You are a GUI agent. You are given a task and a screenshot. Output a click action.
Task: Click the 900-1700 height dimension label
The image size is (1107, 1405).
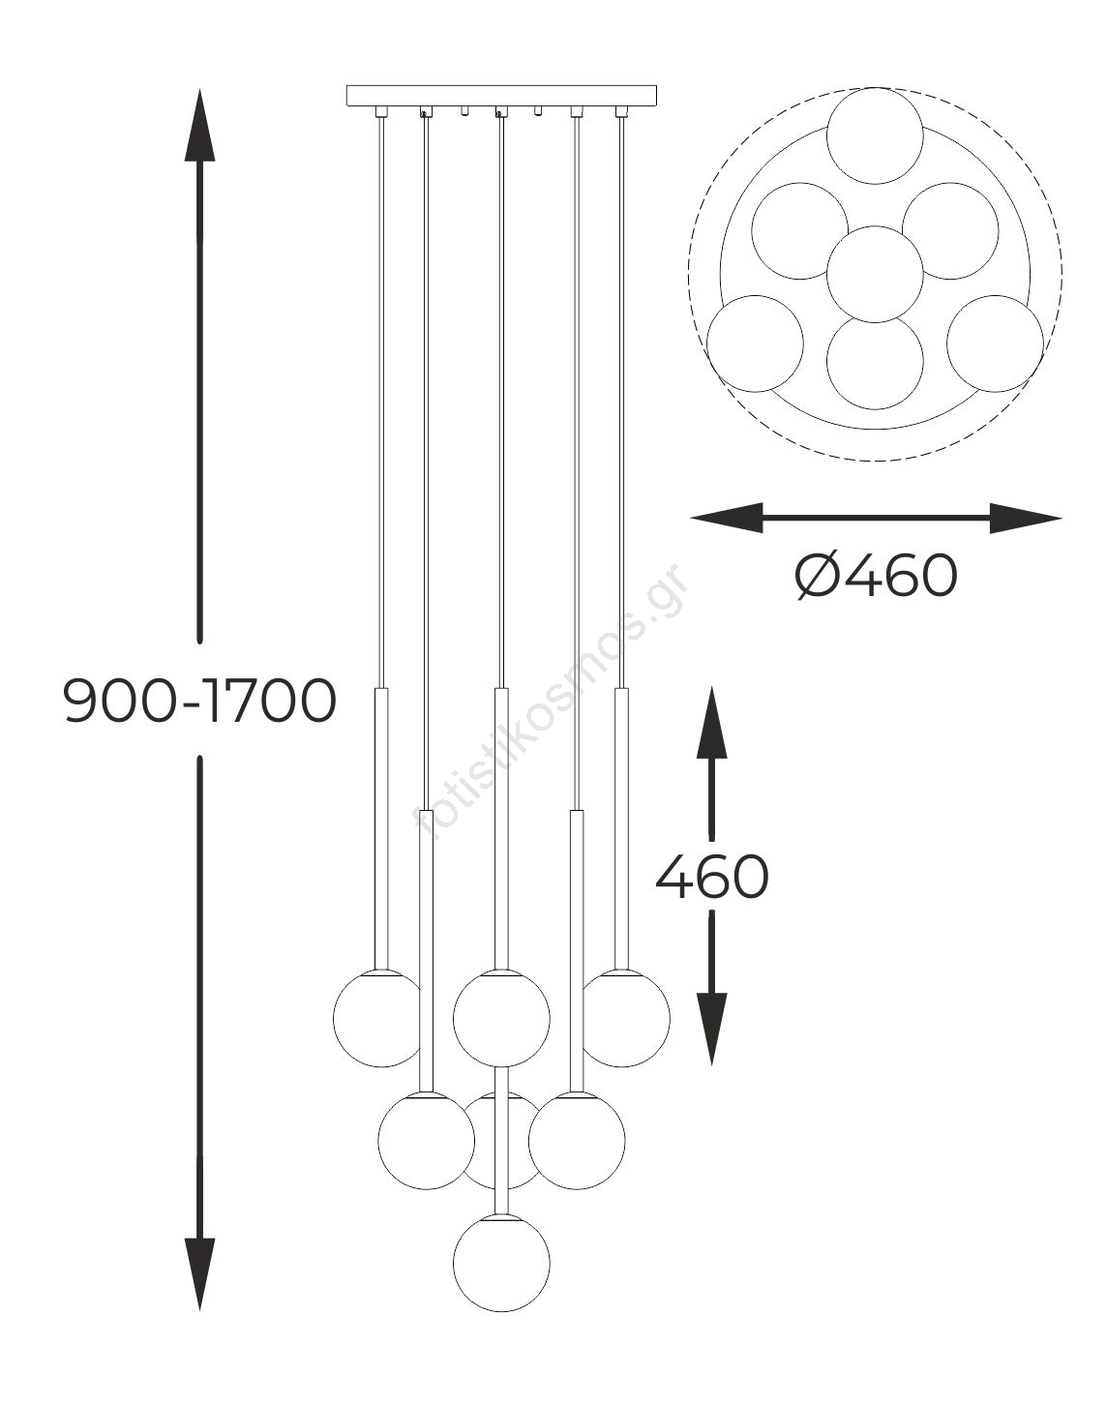tap(200, 701)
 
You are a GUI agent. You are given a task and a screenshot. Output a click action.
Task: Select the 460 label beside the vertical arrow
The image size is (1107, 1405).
tap(712, 876)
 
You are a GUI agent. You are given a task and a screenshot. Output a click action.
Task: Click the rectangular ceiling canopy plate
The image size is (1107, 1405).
tap(501, 96)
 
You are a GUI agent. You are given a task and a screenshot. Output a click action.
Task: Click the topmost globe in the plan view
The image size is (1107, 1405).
tap(875, 135)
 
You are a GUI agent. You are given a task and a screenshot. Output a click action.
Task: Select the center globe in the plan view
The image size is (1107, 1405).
tap(875, 274)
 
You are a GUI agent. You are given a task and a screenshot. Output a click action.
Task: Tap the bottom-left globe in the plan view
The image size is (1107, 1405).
tap(756, 344)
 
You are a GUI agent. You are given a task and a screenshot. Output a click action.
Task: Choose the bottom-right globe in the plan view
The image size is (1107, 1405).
tap(996, 344)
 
